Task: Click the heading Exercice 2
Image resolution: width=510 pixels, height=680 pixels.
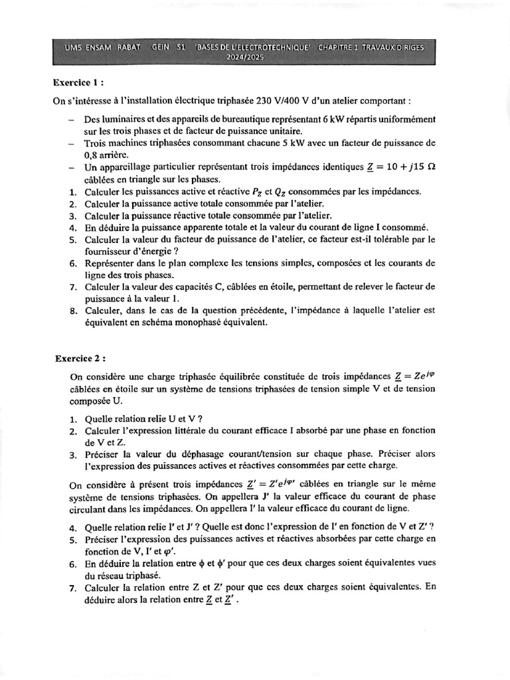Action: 80,358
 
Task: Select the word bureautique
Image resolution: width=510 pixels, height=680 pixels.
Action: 246,120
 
